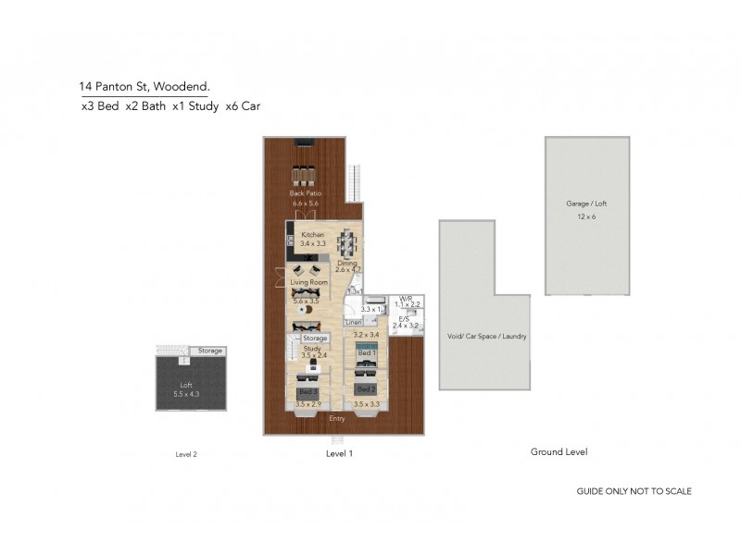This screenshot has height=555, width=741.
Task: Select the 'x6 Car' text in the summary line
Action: pyautogui.click(x=244, y=106)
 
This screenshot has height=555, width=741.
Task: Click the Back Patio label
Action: pyautogui.click(x=304, y=193)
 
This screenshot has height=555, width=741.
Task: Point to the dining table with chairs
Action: pyautogui.click(x=346, y=244)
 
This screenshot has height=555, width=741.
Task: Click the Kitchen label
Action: pyautogui.click(x=313, y=235)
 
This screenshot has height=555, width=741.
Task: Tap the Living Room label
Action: pyautogui.click(x=308, y=281)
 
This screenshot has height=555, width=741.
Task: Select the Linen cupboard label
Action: pyautogui.click(x=353, y=322)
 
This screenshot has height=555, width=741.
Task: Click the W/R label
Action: pyautogui.click(x=405, y=298)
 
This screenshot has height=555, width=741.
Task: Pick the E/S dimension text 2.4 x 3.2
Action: pyautogui.click(x=406, y=326)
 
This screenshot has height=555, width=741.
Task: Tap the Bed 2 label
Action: pyautogui.click(x=366, y=389)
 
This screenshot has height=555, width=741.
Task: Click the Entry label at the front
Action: pyautogui.click(x=338, y=418)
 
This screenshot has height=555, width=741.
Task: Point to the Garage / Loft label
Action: pyautogui.click(x=586, y=203)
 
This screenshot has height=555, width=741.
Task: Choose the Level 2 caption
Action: pyautogui.click(x=186, y=454)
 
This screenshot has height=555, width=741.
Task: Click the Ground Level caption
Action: pyautogui.click(x=559, y=451)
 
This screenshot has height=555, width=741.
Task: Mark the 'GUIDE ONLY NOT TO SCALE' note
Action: pyautogui.click(x=634, y=491)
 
